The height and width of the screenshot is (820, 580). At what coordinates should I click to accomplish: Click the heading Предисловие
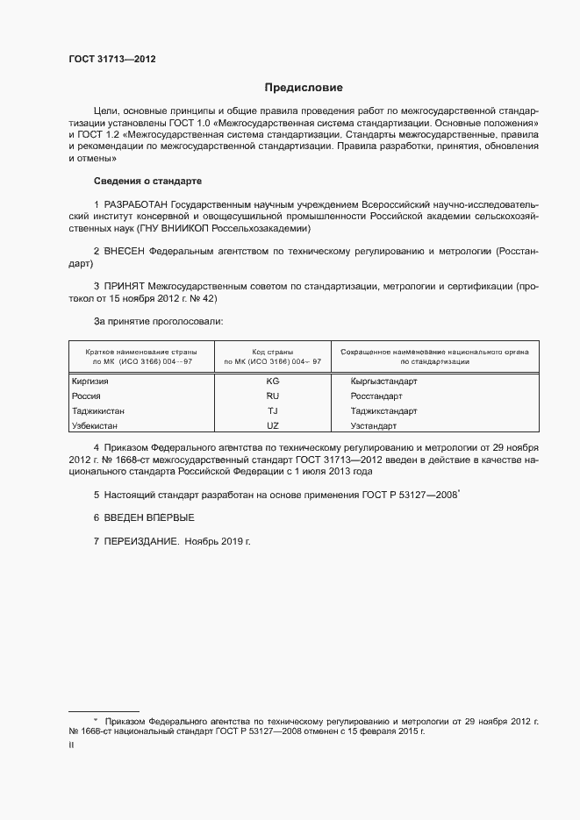[x=304, y=88]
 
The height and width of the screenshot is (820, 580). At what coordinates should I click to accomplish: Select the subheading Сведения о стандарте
[x=147, y=181]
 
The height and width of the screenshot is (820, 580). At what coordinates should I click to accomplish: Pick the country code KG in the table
[x=272, y=382]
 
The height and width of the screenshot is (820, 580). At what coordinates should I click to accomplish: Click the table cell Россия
[x=86, y=396]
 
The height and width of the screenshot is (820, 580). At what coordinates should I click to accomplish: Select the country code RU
[x=272, y=396]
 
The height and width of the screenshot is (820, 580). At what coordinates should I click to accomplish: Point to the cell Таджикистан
[x=97, y=411]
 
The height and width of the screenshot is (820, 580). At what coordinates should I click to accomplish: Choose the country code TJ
[x=272, y=411]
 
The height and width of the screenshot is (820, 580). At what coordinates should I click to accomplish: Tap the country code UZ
[x=272, y=426]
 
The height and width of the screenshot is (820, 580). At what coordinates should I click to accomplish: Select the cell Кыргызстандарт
[x=383, y=382]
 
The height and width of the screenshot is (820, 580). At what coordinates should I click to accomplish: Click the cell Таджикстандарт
[x=383, y=411]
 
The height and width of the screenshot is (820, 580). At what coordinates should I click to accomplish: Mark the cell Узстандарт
[x=374, y=426]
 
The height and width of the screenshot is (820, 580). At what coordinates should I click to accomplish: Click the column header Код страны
[x=272, y=351]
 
